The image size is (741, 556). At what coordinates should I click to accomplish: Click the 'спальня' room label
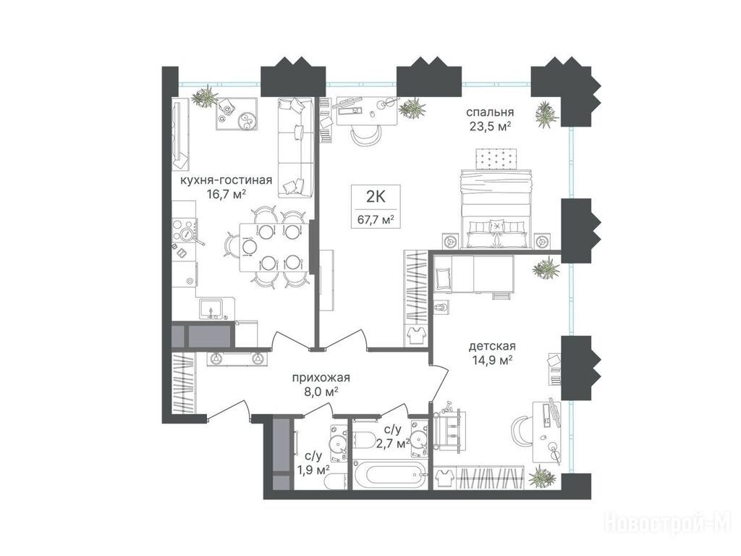pyautogui.click(x=490, y=113)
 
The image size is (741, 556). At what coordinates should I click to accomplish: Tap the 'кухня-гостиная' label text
pyautogui.click(x=226, y=180)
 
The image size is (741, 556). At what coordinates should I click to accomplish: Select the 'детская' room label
pyautogui.click(x=492, y=347)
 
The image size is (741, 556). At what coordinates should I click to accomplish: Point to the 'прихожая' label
pyautogui.click(x=321, y=378)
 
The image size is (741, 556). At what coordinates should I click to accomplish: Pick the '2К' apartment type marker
pyautogui.click(x=376, y=195)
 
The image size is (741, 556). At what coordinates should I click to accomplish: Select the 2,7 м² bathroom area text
pyautogui.click(x=393, y=444)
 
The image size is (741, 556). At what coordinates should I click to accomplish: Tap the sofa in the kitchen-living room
pyautogui.click(x=295, y=148)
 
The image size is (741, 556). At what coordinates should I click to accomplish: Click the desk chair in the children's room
pyautogui.click(x=522, y=430)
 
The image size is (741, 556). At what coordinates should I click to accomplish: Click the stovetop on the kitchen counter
pyautogui.click(x=185, y=233)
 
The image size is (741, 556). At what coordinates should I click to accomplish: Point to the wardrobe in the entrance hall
pyautogui.click(x=183, y=382)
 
